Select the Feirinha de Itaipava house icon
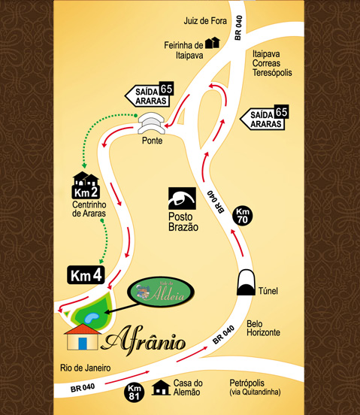pos(213,43)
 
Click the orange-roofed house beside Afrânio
pos(83,338)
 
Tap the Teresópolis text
pos(275,76)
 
